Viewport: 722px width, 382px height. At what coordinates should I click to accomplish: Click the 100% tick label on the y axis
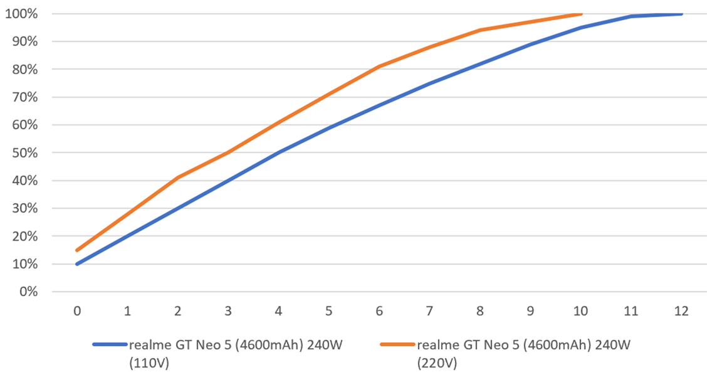pos(21,13)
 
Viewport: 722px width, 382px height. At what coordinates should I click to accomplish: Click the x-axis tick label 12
pos(681,311)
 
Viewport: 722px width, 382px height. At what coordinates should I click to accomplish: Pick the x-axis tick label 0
pos(77,311)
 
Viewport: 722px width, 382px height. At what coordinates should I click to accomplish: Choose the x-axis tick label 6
pos(379,311)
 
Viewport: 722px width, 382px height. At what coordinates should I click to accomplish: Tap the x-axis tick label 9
pos(530,311)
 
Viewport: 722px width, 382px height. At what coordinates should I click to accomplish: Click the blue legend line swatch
pos(110,344)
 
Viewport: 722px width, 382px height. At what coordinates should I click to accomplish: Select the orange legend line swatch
pos(397,344)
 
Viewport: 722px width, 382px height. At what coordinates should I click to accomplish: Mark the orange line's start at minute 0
pos(77,250)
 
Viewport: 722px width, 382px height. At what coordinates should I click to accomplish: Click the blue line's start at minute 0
pos(77,264)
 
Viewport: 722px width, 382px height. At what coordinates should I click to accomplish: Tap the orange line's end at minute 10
pos(581,13)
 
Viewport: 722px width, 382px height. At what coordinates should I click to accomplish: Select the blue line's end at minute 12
pos(681,13)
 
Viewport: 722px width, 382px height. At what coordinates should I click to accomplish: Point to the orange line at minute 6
pos(379,66)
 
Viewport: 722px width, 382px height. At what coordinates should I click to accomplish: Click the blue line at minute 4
pos(278,152)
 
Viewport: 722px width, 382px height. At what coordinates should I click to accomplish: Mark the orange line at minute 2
pos(178,178)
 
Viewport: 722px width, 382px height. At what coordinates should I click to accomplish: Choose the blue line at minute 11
pos(631,16)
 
